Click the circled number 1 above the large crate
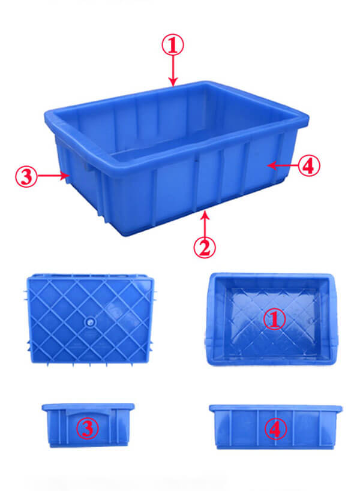click(x=173, y=45)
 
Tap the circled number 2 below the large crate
click(x=205, y=247)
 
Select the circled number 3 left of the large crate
click(x=26, y=176)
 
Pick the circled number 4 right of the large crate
click(x=309, y=165)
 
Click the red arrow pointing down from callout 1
click(x=173, y=71)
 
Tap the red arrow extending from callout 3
click(x=53, y=176)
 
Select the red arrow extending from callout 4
click(x=283, y=165)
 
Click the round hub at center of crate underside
click(x=91, y=321)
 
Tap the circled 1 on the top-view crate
click(x=274, y=320)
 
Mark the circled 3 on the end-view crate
click(x=88, y=428)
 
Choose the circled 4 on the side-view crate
click(x=276, y=429)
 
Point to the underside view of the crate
click(x=89, y=320)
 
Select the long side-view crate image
click(x=276, y=427)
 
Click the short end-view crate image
click(x=88, y=425)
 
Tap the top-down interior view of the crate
click(x=271, y=319)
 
